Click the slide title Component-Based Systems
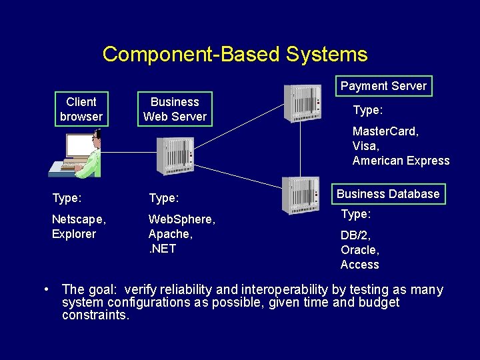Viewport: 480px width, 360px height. pos(235,54)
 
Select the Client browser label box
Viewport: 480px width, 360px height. pos(81,109)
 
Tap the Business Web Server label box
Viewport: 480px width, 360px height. pos(175,109)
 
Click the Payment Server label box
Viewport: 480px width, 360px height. pos(383,86)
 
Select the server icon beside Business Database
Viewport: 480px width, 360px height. pos(301,195)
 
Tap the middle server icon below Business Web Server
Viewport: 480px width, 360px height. pos(175,155)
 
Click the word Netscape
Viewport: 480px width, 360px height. pos(78,219)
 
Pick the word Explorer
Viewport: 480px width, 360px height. pos(74,234)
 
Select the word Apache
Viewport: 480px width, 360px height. pos(170,234)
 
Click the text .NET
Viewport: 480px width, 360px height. pos(162,249)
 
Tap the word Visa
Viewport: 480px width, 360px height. pos(365,146)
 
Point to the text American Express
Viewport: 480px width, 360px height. pos(401,161)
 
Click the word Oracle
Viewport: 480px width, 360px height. pos(359,250)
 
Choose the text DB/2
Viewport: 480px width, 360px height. pos(355,235)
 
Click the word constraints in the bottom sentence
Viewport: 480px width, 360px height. pos(95,315)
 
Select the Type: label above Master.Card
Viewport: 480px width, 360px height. pos(367,110)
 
